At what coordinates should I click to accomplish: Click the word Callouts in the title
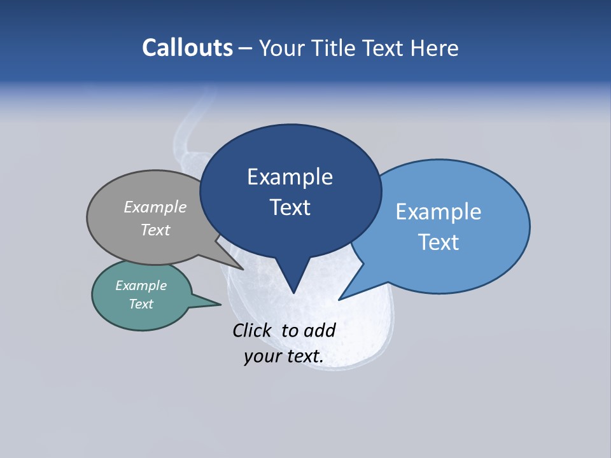(187, 48)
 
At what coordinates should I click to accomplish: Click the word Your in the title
(282, 48)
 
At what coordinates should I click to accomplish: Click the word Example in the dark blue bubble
(290, 177)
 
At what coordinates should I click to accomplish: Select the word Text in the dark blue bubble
(290, 207)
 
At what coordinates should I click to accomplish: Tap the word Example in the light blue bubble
(439, 212)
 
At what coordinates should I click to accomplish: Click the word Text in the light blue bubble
(439, 242)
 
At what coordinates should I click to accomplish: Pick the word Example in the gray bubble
(155, 207)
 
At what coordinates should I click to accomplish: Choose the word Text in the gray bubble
(155, 230)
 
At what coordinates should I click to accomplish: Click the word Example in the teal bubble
(141, 286)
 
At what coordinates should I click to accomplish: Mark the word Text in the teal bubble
(141, 304)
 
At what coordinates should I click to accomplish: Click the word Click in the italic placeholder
(251, 331)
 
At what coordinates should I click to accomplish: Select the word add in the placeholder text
(320, 331)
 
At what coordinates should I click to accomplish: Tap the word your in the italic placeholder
(261, 357)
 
